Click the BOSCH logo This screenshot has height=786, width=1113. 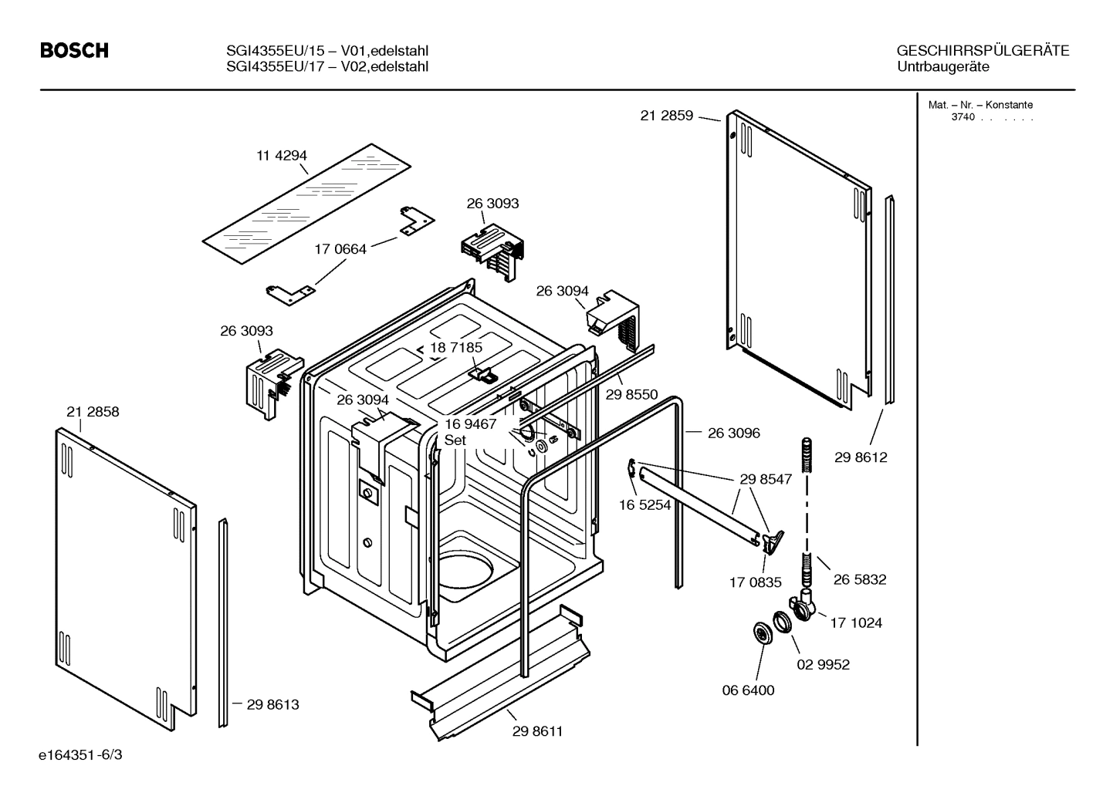click(x=74, y=51)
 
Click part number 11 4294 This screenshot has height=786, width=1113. click(x=282, y=155)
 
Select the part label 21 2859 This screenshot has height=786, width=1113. click(x=667, y=116)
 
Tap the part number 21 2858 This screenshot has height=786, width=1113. click(x=93, y=412)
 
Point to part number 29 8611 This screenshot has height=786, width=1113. click(x=537, y=731)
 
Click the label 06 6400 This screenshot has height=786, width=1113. click(x=748, y=690)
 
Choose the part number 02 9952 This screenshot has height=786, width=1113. click(x=823, y=664)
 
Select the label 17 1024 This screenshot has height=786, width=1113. click(x=856, y=622)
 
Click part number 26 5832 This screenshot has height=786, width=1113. click(x=860, y=579)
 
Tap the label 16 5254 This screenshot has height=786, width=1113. click(x=645, y=506)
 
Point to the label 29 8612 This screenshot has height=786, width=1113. click(x=861, y=457)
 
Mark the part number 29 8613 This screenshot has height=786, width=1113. click(x=272, y=704)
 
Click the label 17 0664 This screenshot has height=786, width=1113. click(x=340, y=249)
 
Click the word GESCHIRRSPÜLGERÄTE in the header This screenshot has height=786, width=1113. click(x=983, y=51)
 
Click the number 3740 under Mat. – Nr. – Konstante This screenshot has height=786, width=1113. click(x=963, y=117)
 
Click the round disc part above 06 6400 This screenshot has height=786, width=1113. click(x=763, y=634)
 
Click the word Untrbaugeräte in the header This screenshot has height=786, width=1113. click(x=942, y=66)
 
